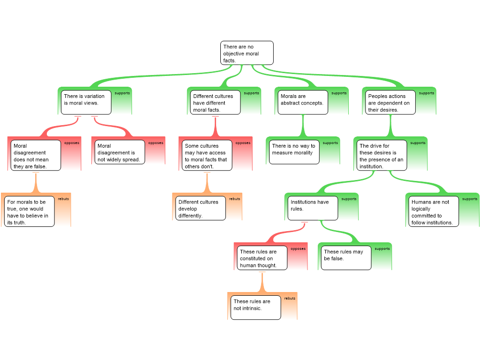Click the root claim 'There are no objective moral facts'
pos(247,53)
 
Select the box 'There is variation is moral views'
pos(86,102)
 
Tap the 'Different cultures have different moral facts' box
pos(216,103)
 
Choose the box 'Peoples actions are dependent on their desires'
pos(390,103)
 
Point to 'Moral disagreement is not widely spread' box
pos(119,152)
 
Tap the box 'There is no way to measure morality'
pos(294,152)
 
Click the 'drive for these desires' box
pos(382,156)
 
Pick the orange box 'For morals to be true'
pos(29,212)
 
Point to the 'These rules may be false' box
pos(346,258)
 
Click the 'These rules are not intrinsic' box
pos(255,307)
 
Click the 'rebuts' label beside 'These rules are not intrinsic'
pos(290,299)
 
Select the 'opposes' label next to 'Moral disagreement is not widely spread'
pos(156,143)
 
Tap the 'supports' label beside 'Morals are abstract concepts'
pos(339,93)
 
